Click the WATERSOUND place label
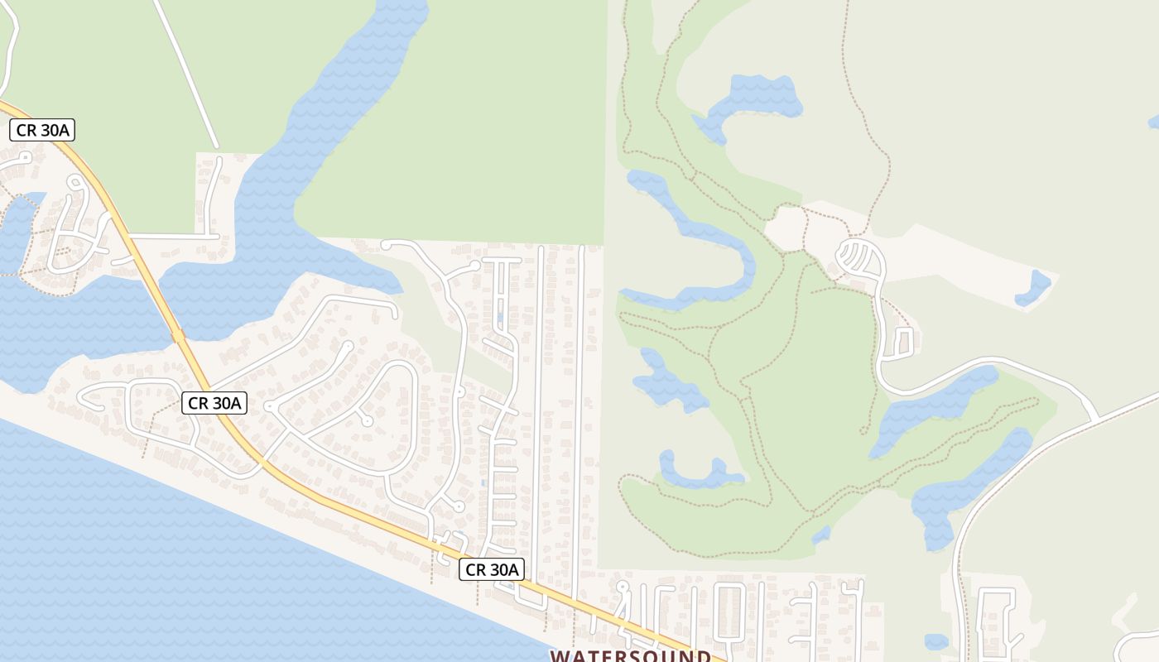[x=630, y=655]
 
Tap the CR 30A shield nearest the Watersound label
[x=492, y=569]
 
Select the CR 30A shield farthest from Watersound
[x=42, y=130]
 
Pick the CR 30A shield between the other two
[x=214, y=403]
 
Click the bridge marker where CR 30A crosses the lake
[x=177, y=336]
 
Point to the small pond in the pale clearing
[x=1033, y=287]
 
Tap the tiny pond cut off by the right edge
[x=1154, y=122]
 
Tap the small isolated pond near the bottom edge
[x=935, y=641]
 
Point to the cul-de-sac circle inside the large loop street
[x=367, y=421]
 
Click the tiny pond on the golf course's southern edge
[x=820, y=535]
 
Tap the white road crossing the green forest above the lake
[x=186, y=74]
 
